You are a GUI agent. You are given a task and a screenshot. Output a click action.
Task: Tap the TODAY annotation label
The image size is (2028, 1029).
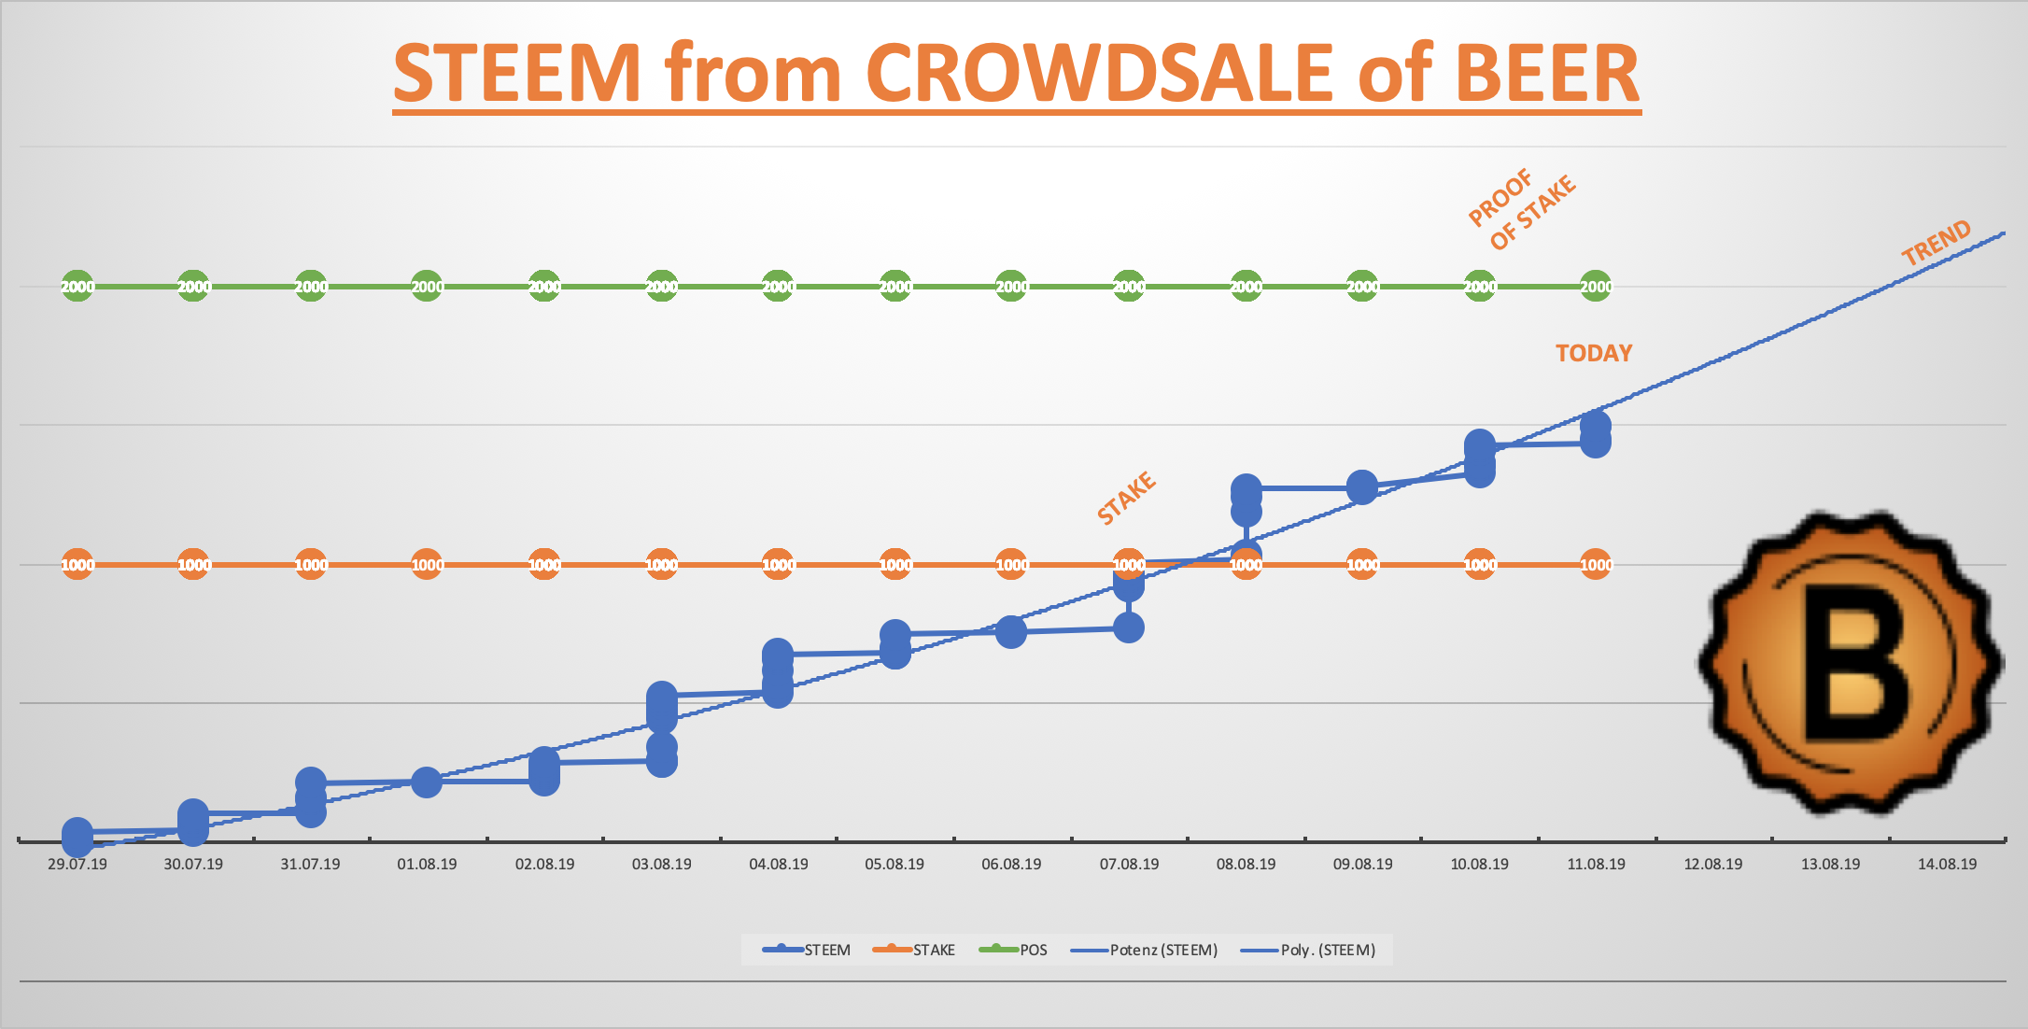(1593, 353)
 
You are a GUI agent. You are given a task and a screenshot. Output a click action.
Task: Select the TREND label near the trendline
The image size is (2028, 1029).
(1936, 243)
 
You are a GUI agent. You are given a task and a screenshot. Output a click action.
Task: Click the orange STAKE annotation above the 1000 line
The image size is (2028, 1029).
(1126, 498)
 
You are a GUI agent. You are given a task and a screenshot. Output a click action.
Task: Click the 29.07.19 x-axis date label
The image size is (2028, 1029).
(77, 864)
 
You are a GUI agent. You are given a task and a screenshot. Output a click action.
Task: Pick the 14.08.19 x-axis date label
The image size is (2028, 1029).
(1947, 864)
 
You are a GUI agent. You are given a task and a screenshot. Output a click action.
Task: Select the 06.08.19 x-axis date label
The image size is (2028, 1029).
(1011, 864)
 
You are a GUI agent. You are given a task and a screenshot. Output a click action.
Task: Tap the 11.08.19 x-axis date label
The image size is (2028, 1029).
(1596, 864)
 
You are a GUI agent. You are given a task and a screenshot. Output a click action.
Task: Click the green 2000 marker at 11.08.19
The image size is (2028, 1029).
(1596, 287)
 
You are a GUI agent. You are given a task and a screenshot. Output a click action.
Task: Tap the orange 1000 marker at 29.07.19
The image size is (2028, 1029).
(77, 565)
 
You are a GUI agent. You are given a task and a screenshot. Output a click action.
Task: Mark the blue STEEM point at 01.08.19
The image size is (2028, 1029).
(427, 782)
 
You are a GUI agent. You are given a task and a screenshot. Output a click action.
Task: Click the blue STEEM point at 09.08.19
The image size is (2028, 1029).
(1362, 487)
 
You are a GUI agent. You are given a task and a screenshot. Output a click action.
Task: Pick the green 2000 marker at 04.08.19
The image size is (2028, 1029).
(778, 287)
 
